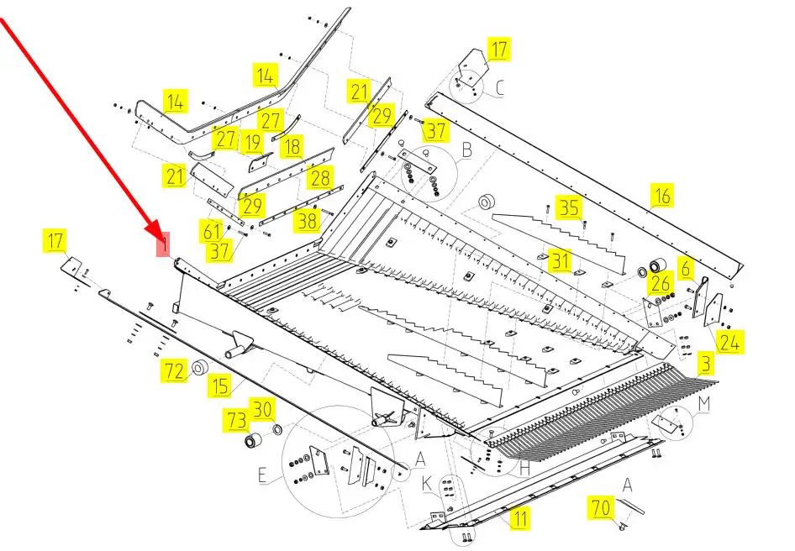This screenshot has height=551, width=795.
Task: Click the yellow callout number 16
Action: click(663, 197)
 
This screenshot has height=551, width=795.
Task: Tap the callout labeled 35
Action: click(571, 207)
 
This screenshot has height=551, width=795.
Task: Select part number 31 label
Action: click(561, 261)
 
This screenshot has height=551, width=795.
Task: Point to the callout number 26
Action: click(661, 285)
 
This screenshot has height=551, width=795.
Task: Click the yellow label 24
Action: click(729, 342)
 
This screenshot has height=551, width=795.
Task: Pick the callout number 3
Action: click(706, 365)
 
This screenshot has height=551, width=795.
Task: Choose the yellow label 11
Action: click(520, 518)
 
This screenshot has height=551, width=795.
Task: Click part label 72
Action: click(173, 370)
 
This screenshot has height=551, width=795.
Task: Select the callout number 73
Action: click(234, 419)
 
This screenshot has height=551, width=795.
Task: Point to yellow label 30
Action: click(264, 410)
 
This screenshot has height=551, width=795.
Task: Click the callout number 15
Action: click(220, 386)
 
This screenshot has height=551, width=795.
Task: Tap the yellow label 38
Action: click(308, 221)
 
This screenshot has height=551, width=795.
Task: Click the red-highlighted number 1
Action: click(165, 244)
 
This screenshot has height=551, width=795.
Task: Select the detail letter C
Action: click(499, 87)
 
